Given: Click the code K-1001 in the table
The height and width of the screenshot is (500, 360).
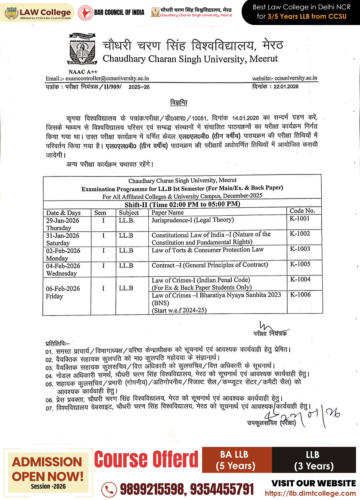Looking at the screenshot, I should [300, 219].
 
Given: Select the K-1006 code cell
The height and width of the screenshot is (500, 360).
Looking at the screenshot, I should [300, 295].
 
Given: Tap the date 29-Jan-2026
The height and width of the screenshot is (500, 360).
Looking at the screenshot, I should [63, 221].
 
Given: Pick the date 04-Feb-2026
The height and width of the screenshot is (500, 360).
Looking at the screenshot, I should [63, 266].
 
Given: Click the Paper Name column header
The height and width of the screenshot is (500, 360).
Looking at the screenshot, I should [168, 213].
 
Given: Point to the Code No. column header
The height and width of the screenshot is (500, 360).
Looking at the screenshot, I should [302, 211].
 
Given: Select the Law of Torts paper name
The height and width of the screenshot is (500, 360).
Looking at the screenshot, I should [208, 250].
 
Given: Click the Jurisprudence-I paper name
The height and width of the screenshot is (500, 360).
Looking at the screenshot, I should [193, 220].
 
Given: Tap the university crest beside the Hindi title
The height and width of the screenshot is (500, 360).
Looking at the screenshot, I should [82, 49].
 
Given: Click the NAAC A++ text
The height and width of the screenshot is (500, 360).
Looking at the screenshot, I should [83, 72].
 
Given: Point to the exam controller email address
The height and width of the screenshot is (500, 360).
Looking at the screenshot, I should [107, 79].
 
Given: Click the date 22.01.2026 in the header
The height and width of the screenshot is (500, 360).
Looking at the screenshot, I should [286, 87].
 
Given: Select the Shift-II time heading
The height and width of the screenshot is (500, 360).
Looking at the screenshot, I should [182, 204].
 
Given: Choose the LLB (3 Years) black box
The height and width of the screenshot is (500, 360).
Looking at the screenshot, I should [314, 460].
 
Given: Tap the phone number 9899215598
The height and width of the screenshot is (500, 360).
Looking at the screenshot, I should [152, 489].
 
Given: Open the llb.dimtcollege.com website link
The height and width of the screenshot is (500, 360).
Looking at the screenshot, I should [310, 493].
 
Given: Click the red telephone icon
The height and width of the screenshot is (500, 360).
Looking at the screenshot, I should [109, 489].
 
